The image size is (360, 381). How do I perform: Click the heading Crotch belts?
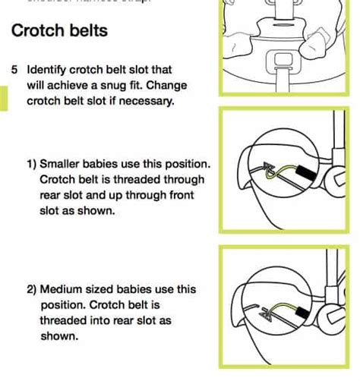click(59, 32)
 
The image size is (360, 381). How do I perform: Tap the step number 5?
click(15, 69)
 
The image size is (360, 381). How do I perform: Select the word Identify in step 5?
click(48, 69)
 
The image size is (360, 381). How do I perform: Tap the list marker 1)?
click(35, 164)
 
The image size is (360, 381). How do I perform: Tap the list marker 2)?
click(35, 289)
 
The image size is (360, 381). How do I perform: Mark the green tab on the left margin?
click(3, 99)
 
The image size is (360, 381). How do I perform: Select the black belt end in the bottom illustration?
click(302, 310)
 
